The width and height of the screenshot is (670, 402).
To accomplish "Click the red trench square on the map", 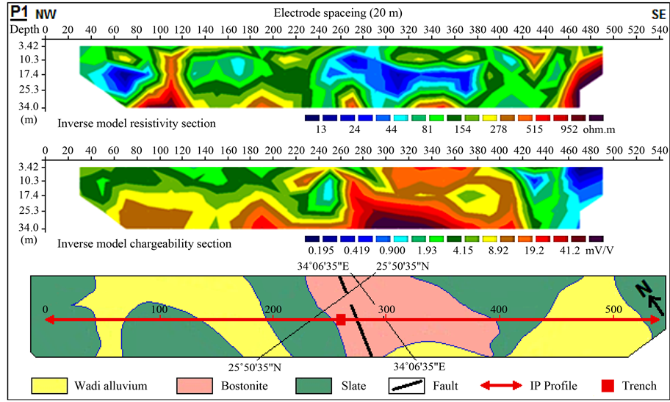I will point(341,319).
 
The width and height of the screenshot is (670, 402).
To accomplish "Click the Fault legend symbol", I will point(406,386).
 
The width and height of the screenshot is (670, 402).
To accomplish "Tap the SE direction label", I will point(658,14).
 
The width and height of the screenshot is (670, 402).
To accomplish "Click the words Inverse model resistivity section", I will point(137,123).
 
